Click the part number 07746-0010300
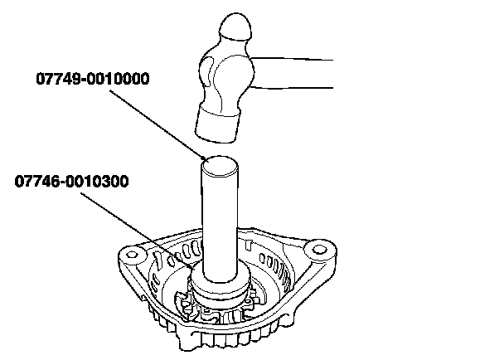pos(71,181)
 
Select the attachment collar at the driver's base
pos(220,290)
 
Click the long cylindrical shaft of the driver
pos(220,224)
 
